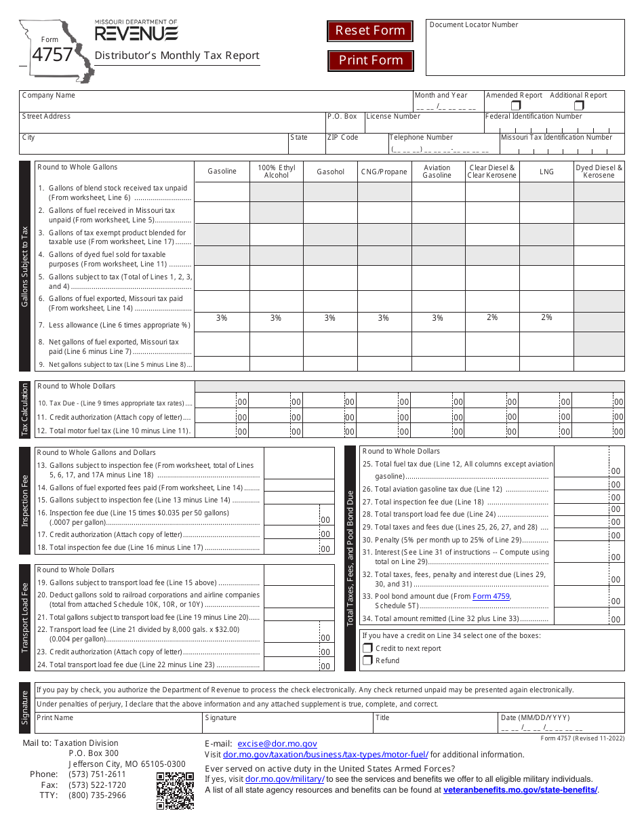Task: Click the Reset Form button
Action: click(x=370, y=31)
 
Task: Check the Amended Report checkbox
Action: click(x=516, y=106)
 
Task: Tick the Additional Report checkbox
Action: click(x=579, y=106)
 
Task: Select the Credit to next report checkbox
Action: click(x=368, y=648)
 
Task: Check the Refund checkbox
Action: click(x=368, y=660)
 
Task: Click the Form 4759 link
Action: click(x=491, y=597)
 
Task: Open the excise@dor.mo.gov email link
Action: click(x=277, y=744)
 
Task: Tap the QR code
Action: click(x=175, y=791)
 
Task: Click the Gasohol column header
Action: click(x=330, y=172)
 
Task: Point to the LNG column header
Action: click(x=546, y=172)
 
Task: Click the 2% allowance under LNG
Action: click(x=546, y=317)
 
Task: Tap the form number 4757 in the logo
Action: click(x=52, y=55)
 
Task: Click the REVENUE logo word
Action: click(x=136, y=33)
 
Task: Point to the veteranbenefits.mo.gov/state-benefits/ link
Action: click(x=520, y=790)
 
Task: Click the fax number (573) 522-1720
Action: click(x=97, y=785)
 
